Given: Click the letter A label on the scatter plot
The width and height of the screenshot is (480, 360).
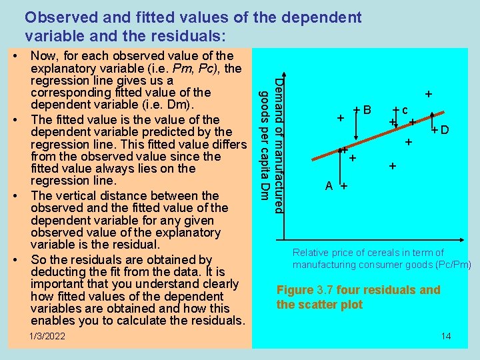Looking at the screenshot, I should [x=329, y=186].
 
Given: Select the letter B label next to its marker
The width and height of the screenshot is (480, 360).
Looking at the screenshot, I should [x=367, y=109].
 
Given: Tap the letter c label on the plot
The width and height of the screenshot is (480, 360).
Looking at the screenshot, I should [x=405, y=110].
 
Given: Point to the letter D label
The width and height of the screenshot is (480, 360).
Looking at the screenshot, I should [x=444, y=130].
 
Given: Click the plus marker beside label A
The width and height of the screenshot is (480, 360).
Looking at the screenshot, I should [x=343, y=187].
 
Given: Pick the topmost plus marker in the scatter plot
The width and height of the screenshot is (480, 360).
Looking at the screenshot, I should [x=429, y=95].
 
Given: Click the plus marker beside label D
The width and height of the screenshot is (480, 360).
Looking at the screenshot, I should [x=434, y=129].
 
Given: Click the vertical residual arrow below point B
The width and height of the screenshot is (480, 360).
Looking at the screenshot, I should [x=356, y=127].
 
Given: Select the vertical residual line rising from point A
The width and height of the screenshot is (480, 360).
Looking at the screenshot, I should [x=343, y=167].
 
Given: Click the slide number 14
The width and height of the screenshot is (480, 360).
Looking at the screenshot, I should [x=446, y=336].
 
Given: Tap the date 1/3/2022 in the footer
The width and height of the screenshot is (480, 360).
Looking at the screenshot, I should [x=48, y=336].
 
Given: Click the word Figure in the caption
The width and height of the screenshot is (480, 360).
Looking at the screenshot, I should [x=294, y=290].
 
